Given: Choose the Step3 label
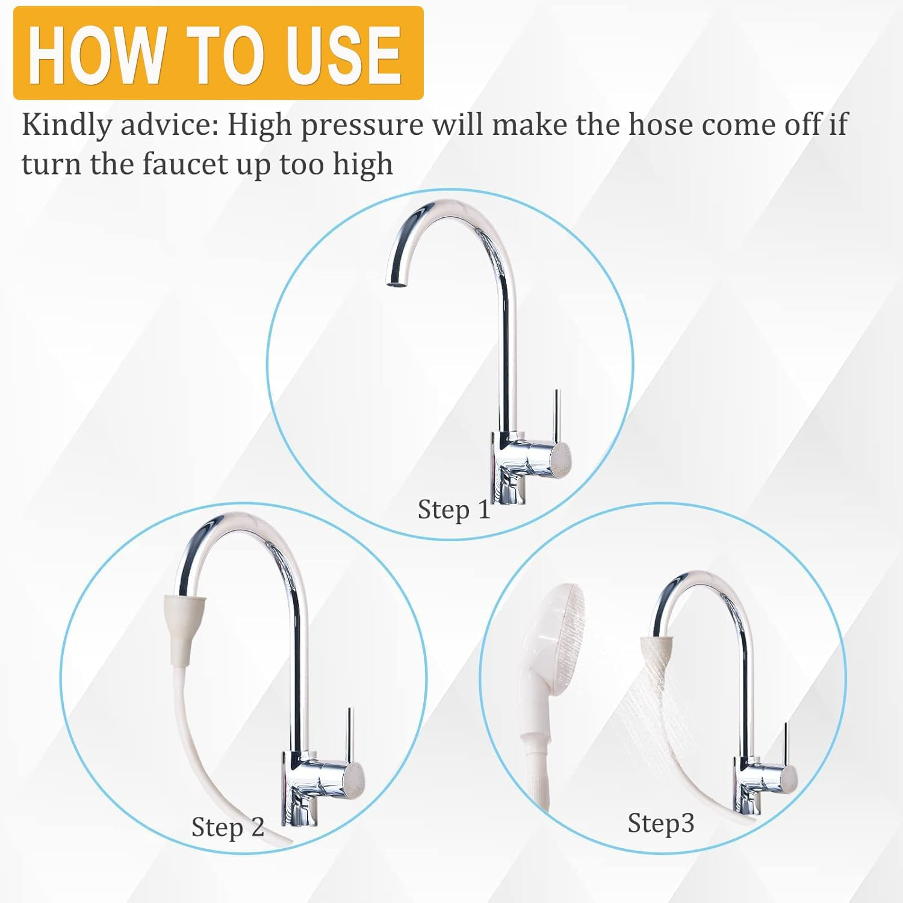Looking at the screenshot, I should point(660,822).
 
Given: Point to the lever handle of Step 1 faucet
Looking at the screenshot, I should point(557,415).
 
